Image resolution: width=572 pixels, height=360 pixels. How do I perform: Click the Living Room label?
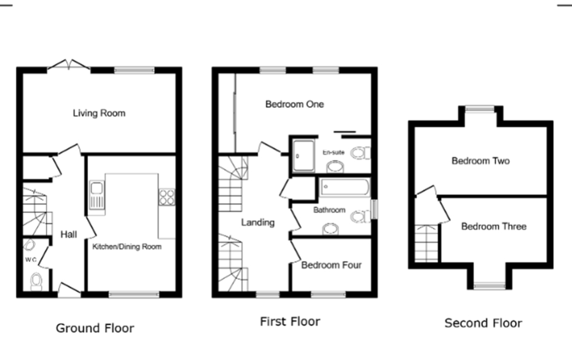coord(99,113)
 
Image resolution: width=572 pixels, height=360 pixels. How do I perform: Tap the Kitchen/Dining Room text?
coord(127,247)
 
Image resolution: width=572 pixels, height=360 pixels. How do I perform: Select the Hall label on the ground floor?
coord(69,235)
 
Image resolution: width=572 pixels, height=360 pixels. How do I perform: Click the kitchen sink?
coord(97,195)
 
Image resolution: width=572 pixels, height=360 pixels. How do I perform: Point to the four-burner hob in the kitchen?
coord(167,197)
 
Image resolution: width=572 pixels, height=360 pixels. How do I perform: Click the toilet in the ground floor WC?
coord(36,281)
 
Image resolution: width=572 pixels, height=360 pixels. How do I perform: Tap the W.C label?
coord(30,260)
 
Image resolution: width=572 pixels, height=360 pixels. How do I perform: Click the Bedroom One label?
coord(294,104)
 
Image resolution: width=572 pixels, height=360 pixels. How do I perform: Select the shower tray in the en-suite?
coord(303,156)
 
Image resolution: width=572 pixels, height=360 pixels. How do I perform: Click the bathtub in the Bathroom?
coord(345,187)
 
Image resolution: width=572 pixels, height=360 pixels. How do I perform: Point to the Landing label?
coord(257,222)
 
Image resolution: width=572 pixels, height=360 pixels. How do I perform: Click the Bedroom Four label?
coord(331,265)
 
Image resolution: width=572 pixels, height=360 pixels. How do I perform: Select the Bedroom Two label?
coord(481,161)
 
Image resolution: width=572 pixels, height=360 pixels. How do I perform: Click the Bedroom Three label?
coord(494,226)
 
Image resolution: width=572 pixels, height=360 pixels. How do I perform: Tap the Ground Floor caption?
coord(95,328)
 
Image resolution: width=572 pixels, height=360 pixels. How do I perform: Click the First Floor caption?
coord(290,322)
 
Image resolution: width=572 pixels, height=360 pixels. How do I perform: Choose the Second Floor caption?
coord(483,323)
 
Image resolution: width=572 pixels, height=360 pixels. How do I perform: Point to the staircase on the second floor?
coord(427,243)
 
